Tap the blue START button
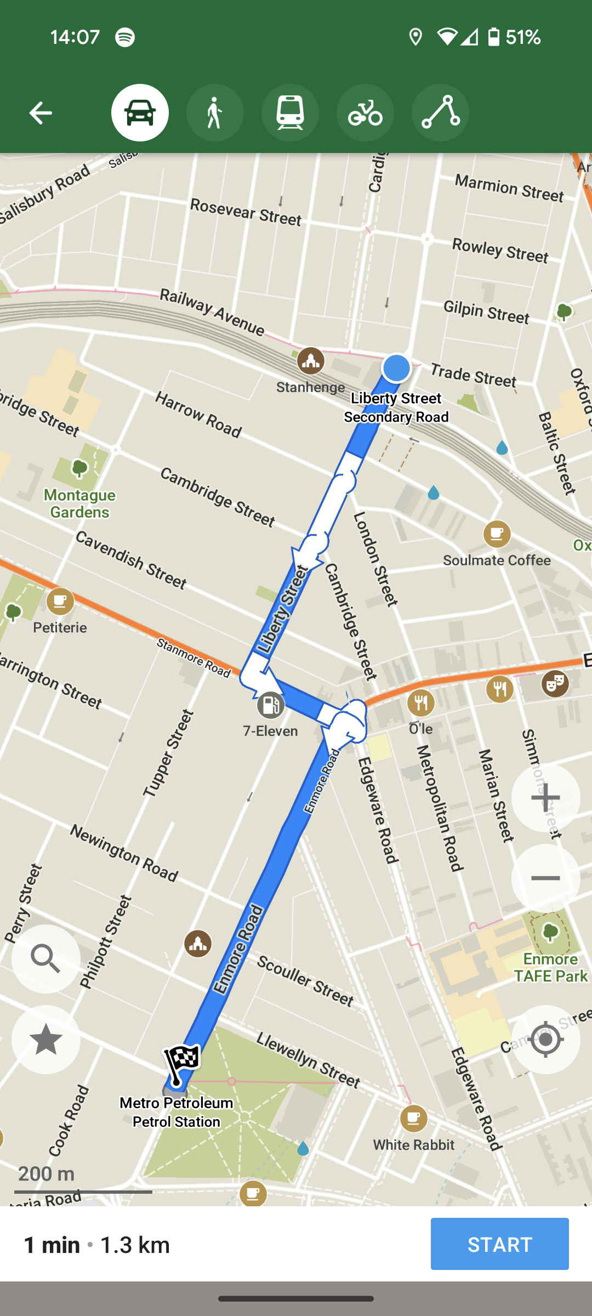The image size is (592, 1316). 499,1244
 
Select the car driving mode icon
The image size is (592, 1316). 140,113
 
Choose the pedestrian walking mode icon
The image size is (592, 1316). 215,113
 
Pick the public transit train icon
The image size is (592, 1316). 290,113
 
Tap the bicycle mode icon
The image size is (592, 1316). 365,113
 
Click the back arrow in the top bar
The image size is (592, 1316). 41,113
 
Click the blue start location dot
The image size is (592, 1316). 396,367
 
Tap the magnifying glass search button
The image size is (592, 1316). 46,958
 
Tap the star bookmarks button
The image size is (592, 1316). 46,1039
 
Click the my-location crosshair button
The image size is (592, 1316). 545,1039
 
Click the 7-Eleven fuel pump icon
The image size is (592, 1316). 270,705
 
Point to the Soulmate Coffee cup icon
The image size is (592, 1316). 497,534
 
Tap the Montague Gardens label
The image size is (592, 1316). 80,503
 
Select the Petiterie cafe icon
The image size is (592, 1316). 60,602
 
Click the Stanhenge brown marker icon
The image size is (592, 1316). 311,361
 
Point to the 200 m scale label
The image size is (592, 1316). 47,1174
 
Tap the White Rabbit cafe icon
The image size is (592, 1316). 414,1118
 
